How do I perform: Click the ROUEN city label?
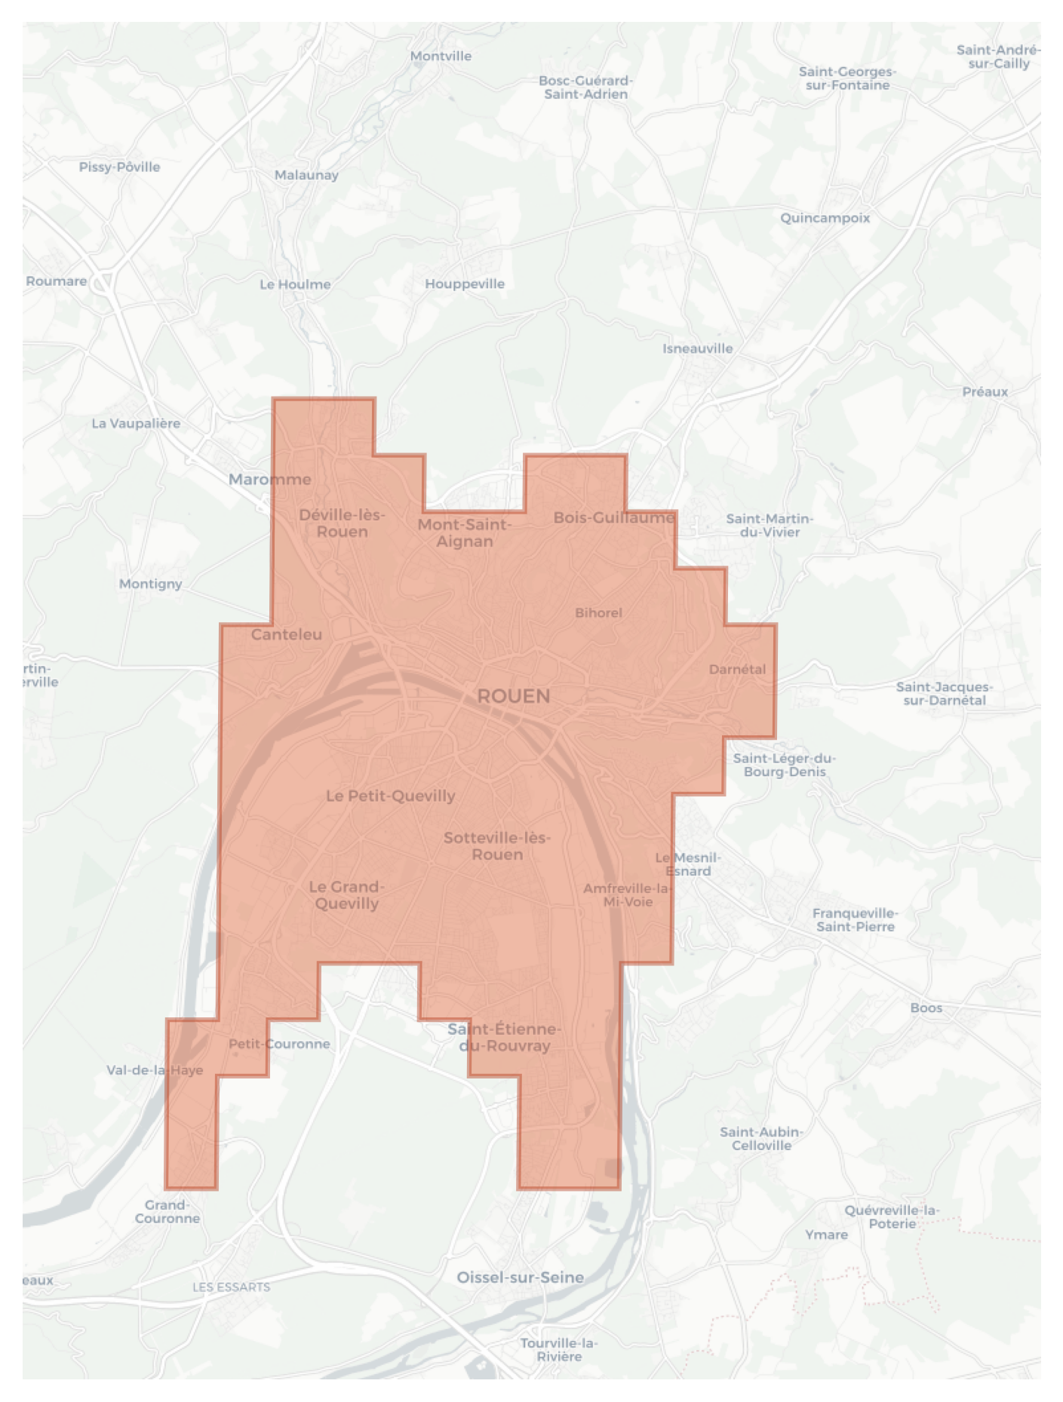pos(514,695)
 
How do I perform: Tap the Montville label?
pos(441,56)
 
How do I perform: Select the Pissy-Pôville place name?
pos(119,167)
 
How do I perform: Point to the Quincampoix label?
pos(825,218)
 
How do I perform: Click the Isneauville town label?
pos(697,348)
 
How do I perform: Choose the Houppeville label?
pos(464,284)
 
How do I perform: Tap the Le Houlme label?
pos(295,284)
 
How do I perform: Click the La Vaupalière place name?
pos(136,423)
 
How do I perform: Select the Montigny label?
pos(150,583)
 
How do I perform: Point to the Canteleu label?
pos(286,634)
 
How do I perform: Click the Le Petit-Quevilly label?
pos(390,796)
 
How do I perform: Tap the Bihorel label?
pos(598,612)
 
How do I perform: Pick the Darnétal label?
pos(737,669)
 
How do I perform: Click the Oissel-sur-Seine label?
pos(520,1277)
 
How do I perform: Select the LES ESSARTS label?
pos(231,1287)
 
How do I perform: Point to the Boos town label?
pos(926,1008)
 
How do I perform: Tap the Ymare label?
pos(826,1235)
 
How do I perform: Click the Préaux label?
pos(985,391)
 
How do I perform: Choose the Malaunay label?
pos(306,175)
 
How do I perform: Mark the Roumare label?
pos(57,281)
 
